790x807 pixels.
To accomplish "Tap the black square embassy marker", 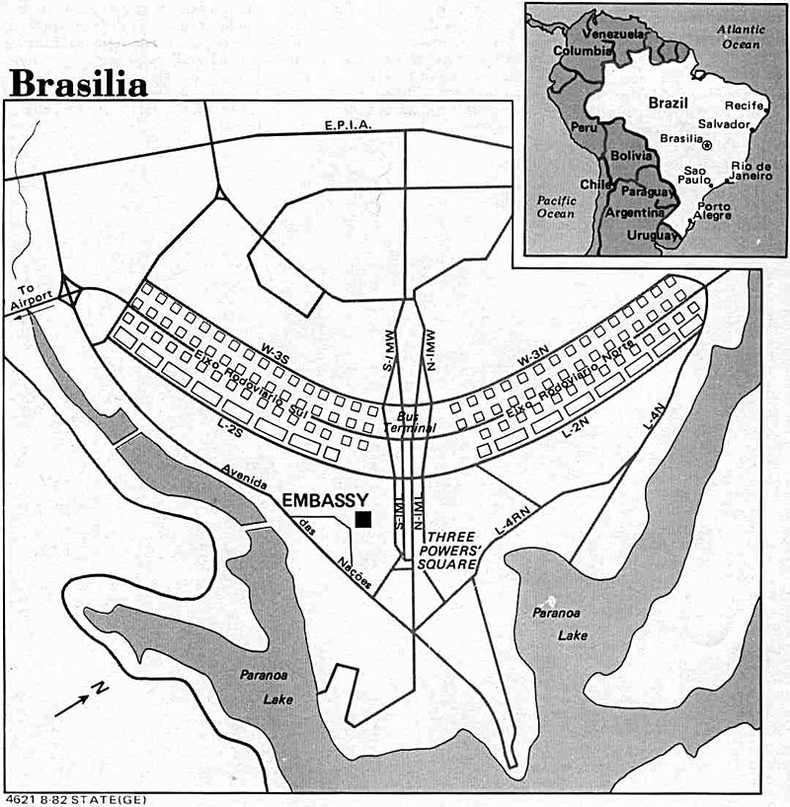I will (x=364, y=519).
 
